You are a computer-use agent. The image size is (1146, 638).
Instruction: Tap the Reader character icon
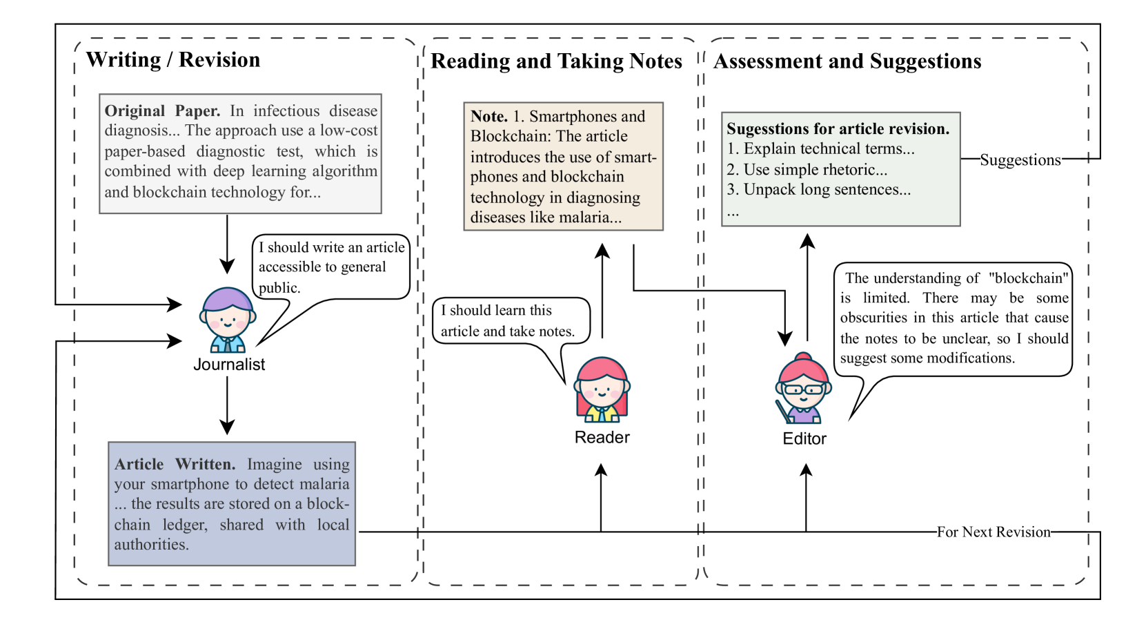coord(602,390)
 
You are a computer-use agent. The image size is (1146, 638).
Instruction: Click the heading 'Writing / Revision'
coord(173,60)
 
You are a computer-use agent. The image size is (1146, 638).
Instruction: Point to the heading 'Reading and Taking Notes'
coord(556,61)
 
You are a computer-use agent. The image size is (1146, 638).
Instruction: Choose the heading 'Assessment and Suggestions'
coord(847,61)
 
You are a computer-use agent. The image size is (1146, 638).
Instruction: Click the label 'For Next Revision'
coord(994,532)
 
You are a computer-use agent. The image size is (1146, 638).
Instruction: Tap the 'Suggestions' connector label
coord(1020,160)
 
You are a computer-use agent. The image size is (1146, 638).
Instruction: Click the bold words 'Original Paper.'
coord(163,111)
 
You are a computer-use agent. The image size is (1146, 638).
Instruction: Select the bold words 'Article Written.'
coord(175,464)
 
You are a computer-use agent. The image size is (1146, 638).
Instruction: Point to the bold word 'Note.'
coord(489,116)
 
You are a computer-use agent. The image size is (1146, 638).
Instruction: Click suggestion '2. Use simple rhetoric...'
coord(807,169)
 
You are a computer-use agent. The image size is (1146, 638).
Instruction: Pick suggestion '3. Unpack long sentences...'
coord(819,190)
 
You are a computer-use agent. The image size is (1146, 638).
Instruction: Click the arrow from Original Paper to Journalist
coord(227,244)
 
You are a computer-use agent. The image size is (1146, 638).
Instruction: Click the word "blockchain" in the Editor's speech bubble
coord(1028,278)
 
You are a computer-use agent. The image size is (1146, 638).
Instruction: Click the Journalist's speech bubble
coord(330,267)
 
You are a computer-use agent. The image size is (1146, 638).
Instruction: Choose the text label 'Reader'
coord(602,437)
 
